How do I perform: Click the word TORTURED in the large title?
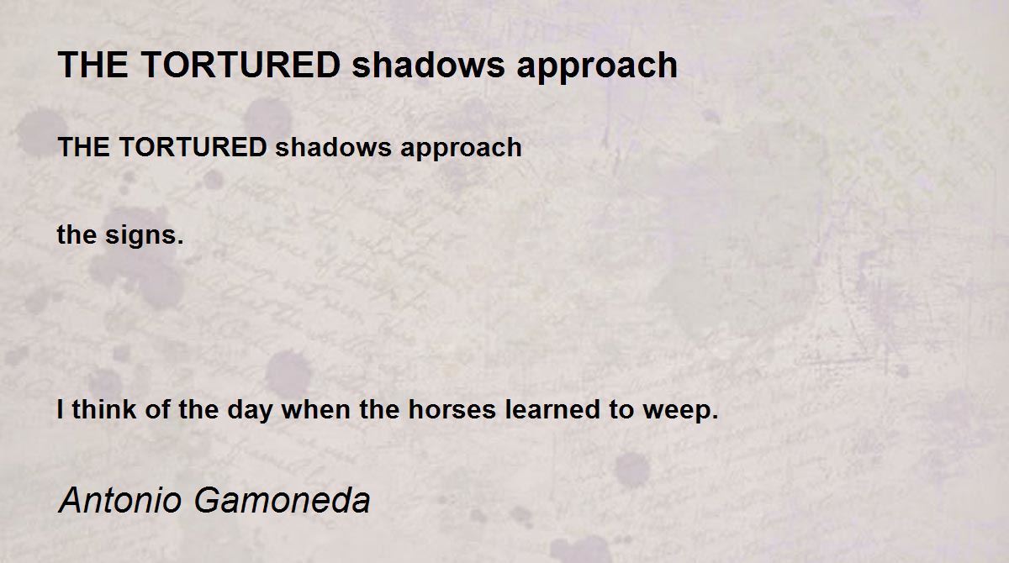[x=241, y=65]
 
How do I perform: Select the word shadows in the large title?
[x=428, y=65]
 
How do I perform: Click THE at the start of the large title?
[x=93, y=65]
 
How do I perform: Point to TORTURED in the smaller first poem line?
[x=193, y=147]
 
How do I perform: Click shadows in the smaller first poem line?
[x=333, y=147]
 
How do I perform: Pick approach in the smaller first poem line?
[x=461, y=150]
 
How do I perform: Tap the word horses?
[x=452, y=409]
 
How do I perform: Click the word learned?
[x=552, y=409]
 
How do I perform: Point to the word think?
[x=104, y=409]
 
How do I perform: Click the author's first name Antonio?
[x=120, y=500]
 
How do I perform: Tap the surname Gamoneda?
[x=283, y=500]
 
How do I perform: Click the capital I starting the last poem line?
[x=60, y=409]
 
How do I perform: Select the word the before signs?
[x=77, y=235]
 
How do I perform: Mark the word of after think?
[x=157, y=409]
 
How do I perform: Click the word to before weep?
[x=621, y=410]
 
